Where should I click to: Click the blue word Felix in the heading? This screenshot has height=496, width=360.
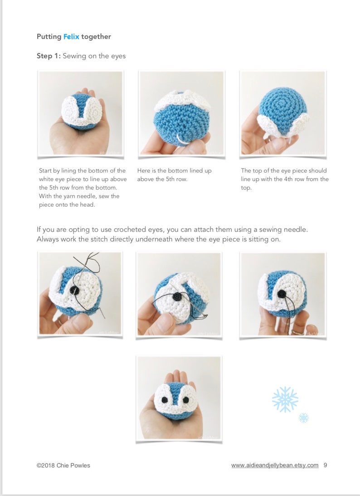71,37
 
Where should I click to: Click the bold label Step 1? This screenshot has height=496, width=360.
49,56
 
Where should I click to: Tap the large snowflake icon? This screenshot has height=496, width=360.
285,399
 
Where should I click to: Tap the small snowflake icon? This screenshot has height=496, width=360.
303,418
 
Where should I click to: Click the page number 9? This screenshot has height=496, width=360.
326,465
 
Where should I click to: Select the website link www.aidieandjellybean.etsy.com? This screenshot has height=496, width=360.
275,465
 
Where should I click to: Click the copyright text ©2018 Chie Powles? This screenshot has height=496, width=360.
63,465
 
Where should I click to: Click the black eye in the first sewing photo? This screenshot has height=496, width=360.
77,291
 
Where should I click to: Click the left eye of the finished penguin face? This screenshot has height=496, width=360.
165,399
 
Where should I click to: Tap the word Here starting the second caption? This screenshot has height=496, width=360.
144,171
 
